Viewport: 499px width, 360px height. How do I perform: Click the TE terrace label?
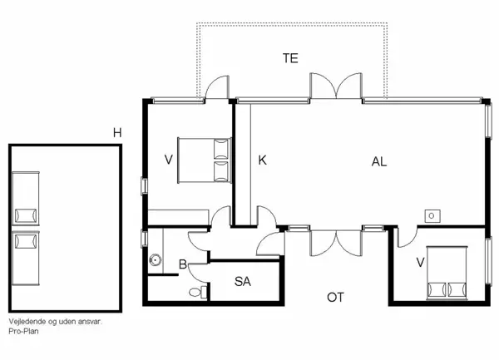(290, 58)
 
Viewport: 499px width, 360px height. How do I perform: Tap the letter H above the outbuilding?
(117, 133)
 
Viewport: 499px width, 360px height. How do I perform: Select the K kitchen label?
(262, 160)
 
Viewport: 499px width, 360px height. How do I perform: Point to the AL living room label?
(379, 162)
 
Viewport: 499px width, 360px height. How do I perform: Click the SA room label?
(243, 282)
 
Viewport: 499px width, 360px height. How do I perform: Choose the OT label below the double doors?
(335, 298)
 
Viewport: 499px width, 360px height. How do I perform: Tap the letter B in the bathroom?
(183, 264)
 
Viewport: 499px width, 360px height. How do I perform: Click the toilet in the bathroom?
(198, 292)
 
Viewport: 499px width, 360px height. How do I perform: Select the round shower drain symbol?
(155, 260)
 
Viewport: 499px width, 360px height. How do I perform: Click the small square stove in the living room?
(432, 216)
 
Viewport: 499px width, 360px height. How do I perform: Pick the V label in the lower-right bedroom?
(420, 263)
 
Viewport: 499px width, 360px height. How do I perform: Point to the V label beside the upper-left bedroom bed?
(168, 160)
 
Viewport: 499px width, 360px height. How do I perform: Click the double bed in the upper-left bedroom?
(205, 160)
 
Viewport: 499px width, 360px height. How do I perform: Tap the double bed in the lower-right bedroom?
(447, 273)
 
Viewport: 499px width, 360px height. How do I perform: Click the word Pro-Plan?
(23, 331)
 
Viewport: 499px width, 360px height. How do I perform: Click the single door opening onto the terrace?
(217, 86)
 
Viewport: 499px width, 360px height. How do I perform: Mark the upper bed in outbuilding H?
(26, 198)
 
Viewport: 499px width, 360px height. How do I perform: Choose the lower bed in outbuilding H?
(26, 258)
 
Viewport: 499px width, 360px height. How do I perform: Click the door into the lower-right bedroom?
(407, 237)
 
